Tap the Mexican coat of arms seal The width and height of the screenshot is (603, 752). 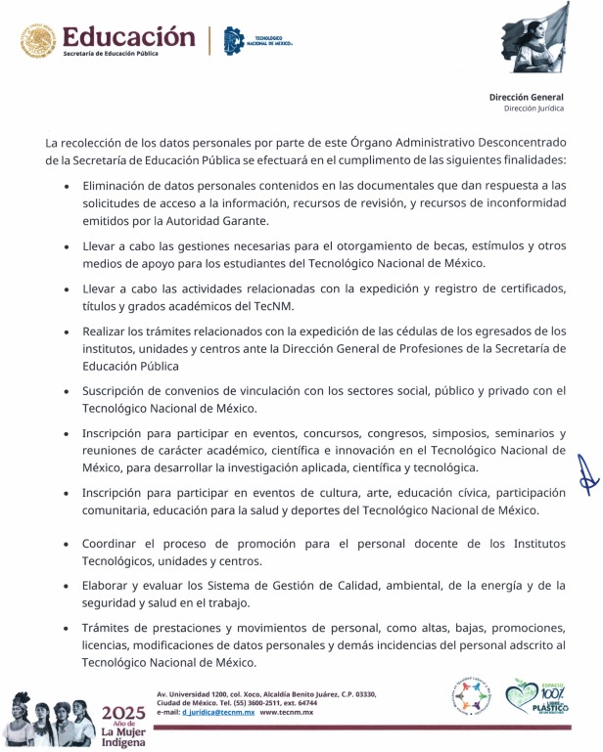(x=37, y=41)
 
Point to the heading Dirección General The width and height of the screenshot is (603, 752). (x=527, y=97)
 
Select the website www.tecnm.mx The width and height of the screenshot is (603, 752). (x=287, y=713)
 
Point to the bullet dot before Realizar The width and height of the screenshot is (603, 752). (x=67, y=332)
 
